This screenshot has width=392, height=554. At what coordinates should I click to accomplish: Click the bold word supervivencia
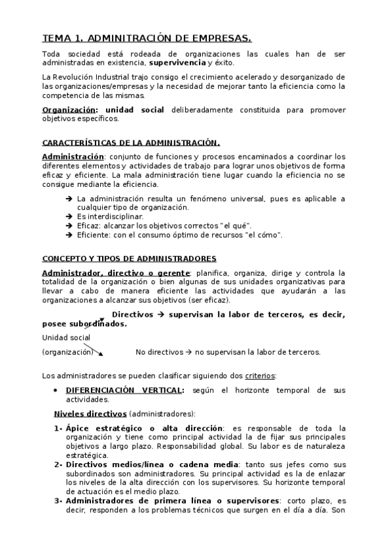click(x=177, y=63)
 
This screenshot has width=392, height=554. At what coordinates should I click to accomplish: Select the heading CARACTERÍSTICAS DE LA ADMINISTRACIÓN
click(x=131, y=142)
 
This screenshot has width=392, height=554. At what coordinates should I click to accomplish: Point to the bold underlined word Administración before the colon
click(x=73, y=157)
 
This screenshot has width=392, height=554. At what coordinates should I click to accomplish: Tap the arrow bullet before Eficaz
click(x=69, y=225)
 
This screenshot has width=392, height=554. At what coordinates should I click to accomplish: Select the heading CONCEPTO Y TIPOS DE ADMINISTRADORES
click(x=129, y=258)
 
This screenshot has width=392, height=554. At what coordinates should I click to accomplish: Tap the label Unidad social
click(x=66, y=337)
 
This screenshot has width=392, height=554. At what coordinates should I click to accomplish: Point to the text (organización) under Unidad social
click(x=67, y=351)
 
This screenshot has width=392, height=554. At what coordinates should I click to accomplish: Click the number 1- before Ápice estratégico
click(x=58, y=428)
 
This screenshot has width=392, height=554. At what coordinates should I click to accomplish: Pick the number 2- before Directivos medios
click(x=58, y=464)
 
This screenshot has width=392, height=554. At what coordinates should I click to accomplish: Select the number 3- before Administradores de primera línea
click(x=58, y=500)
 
